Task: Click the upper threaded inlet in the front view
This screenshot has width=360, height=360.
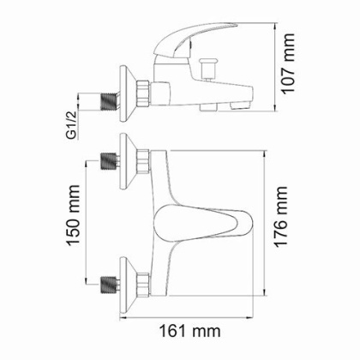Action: point(108,159)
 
